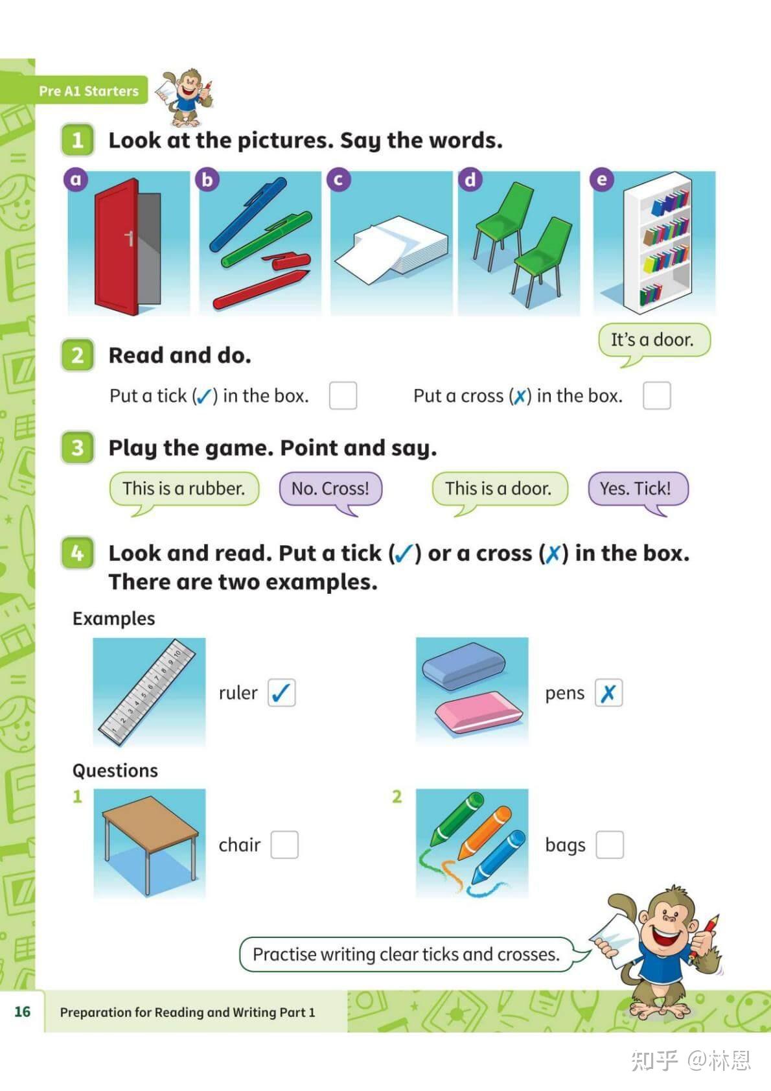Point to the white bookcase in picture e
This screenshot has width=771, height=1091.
(658, 242)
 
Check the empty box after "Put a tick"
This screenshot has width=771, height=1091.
(343, 395)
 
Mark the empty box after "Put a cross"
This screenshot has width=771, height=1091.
(656, 395)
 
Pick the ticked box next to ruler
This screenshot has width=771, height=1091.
(281, 692)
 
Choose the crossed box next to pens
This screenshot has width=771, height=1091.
(608, 692)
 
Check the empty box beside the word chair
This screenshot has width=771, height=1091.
(284, 845)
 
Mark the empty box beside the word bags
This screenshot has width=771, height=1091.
(610, 845)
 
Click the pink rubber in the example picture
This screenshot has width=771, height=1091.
(478, 712)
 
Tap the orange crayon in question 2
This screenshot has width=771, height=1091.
(485, 832)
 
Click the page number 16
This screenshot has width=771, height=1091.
(23, 1012)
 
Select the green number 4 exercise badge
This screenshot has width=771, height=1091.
(77, 553)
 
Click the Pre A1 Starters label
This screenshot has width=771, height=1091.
(89, 91)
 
